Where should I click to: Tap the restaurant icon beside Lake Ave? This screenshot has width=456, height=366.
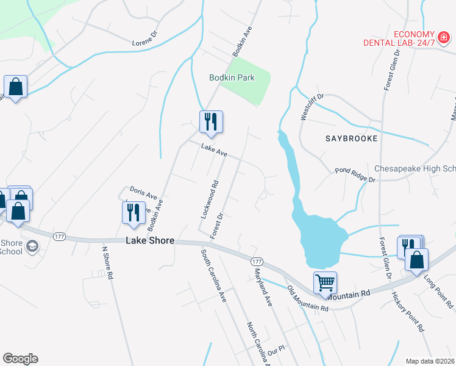point(210,121)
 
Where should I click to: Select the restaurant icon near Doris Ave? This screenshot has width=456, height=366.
point(132,213)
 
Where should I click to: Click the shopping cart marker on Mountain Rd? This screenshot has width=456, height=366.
point(325,283)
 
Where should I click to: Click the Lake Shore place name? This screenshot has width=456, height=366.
point(150,241)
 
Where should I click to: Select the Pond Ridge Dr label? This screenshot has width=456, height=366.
point(355,175)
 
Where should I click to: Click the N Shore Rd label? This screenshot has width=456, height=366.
point(107,263)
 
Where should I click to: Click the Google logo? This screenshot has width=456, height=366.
point(20,359)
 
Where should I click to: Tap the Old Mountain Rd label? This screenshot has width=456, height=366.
point(308,299)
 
